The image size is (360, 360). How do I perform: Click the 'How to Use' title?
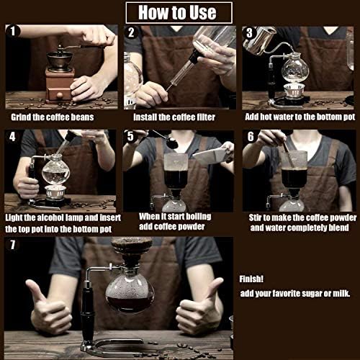coord(177,12)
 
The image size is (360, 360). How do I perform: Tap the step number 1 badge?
coord(13,31)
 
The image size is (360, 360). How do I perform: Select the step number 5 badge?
coord(130,136)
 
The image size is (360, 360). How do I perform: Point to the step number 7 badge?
coord(13,245)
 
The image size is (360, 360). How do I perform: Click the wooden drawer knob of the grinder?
coord(60,95)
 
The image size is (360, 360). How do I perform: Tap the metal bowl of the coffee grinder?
coord(60,59)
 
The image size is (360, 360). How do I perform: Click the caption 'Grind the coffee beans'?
coord(53,117)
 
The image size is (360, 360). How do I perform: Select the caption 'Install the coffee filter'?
coord(174,117)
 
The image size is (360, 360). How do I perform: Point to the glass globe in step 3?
coord(295,69)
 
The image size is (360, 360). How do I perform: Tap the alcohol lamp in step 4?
coord(55,192)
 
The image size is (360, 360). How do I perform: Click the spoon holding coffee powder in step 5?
coord(166,139)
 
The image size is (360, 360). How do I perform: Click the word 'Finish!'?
coord(251,279)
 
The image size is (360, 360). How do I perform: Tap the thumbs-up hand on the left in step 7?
coord(48,308)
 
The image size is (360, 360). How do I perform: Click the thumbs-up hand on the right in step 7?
coord(200,307)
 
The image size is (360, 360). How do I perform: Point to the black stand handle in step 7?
coord(87,312)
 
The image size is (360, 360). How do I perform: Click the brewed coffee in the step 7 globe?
coord(130,305)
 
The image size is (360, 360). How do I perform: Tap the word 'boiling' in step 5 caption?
coord(199,217)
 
